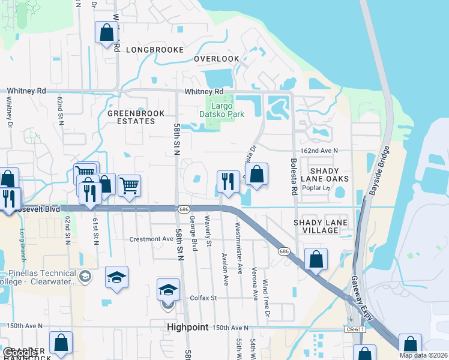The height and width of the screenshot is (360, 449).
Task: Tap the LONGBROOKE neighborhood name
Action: tap(154, 50)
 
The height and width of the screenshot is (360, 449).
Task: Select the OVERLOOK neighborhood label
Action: tap(217, 59)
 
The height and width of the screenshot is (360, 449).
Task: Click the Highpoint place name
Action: tap(187, 328)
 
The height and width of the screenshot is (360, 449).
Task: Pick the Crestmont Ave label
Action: tap(151, 239)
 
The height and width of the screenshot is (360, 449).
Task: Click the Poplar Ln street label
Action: tap(319, 188)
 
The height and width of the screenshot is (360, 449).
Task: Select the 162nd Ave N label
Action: tap(318, 151)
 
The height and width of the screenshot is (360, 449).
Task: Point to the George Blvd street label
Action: tap(193, 233)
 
